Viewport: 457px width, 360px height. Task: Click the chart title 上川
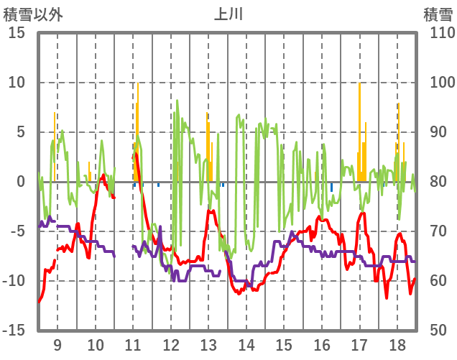click(x=228, y=14)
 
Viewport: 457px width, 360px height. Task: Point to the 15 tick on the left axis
click(x=17, y=33)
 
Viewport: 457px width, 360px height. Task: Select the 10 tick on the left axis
click(x=17, y=83)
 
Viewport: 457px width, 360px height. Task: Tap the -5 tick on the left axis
click(x=17, y=231)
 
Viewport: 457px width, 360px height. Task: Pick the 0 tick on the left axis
click(x=21, y=182)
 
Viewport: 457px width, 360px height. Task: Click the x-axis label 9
click(x=57, y=344)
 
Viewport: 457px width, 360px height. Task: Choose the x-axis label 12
click(x=171, y=344)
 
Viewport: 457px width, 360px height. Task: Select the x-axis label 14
click(x=246, y=344)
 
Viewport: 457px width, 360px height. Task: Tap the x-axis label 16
click(x=322, y=344)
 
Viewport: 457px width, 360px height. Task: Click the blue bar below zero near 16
click(x=331, y=187)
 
